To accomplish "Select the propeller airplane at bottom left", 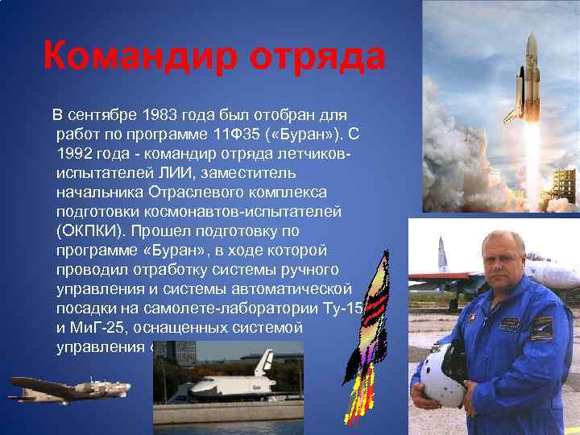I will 68,388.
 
